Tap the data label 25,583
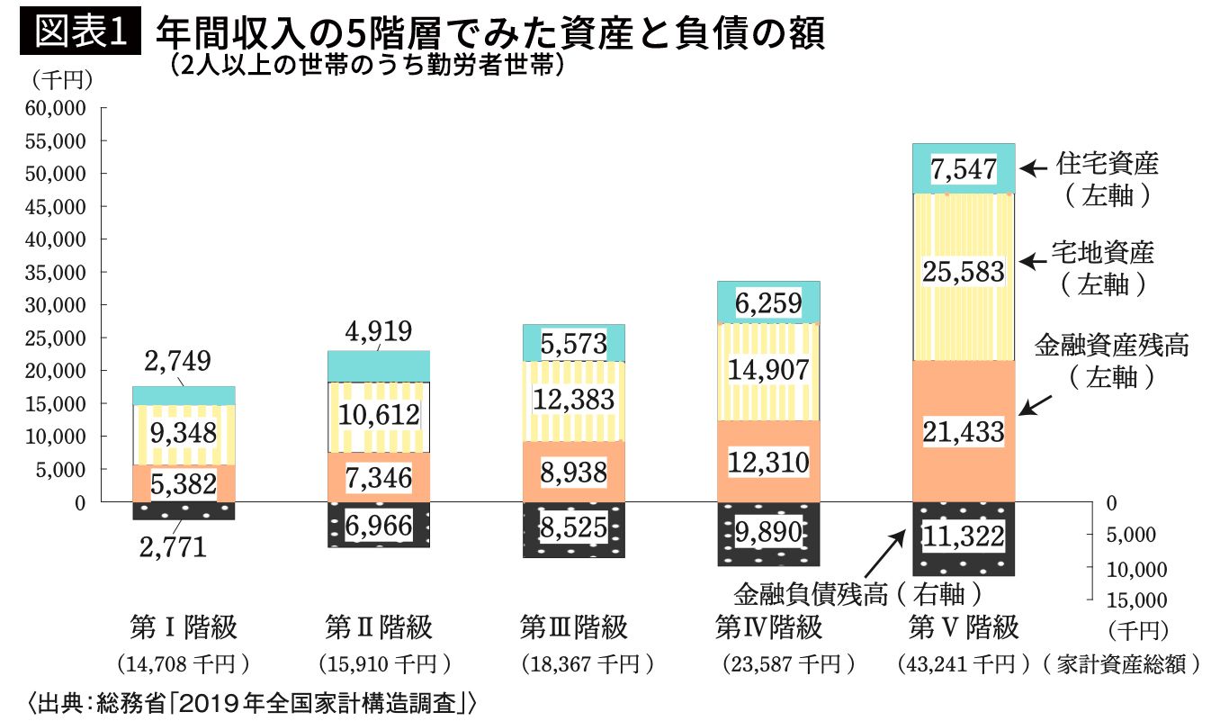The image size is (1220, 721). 963,270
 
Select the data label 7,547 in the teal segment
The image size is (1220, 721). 963,169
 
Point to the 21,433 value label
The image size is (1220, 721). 963,433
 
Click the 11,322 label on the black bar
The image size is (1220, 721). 963,537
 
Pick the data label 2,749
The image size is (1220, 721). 177,361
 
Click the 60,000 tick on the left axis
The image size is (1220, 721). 58,108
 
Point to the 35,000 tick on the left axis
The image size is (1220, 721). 58,273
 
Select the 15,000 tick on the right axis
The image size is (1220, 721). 1135,600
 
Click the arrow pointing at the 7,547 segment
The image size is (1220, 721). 1035,167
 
